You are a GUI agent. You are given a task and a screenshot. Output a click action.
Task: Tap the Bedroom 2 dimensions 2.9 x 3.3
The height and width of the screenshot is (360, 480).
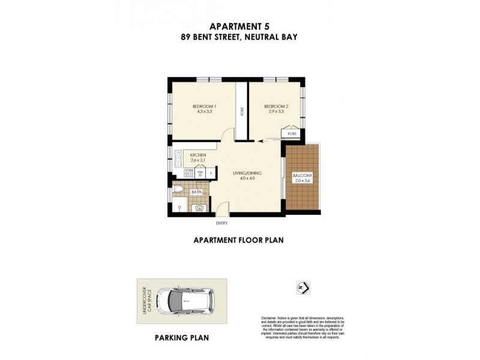274,112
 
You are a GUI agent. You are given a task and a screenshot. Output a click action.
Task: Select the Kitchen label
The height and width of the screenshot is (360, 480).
198,155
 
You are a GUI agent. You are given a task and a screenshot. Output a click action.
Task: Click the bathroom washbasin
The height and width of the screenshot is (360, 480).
199,208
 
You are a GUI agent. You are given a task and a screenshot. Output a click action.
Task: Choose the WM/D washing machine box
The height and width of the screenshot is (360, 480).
200,173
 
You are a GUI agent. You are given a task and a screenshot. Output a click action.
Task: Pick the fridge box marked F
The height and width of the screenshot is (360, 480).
211,173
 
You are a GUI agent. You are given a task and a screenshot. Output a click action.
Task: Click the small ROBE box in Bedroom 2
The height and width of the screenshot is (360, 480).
292,134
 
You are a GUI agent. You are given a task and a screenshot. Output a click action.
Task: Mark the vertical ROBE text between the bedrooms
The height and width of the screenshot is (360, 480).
242,112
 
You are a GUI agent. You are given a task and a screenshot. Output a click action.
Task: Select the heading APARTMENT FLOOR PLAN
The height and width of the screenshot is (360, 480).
238,240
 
